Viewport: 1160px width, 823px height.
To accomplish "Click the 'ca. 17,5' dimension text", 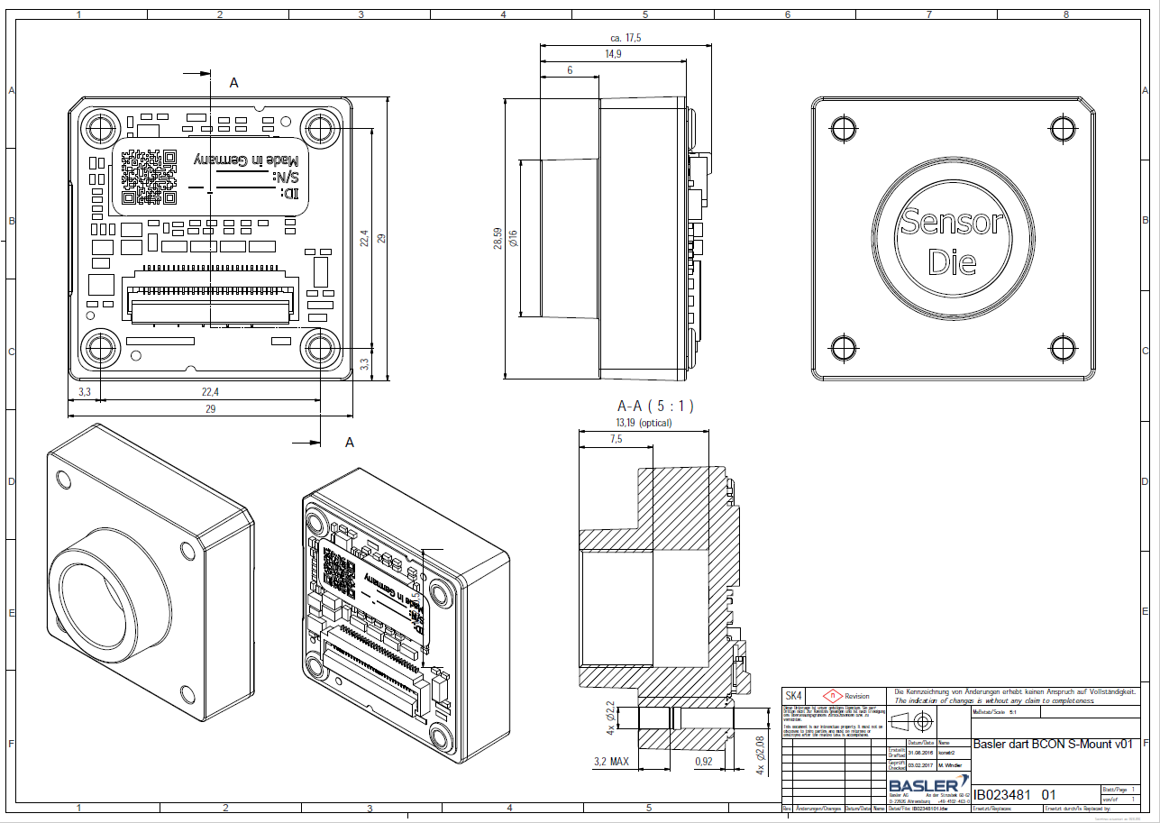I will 625,38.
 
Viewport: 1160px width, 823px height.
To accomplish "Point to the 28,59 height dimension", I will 498,238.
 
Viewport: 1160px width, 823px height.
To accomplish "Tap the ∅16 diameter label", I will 513,238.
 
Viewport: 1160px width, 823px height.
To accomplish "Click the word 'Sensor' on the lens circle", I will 951,223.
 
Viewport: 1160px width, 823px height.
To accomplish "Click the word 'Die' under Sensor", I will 952,262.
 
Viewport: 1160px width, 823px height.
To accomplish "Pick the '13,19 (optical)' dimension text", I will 644,422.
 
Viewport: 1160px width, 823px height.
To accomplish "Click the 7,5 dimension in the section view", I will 617,439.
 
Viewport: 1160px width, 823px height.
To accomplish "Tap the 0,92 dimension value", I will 704,763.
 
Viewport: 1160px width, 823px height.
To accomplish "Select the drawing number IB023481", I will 1004,795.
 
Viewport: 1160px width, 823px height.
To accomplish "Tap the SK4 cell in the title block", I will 793,696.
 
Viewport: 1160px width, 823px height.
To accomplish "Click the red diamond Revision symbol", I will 834,696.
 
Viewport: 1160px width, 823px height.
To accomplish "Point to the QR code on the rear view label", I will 148,175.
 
